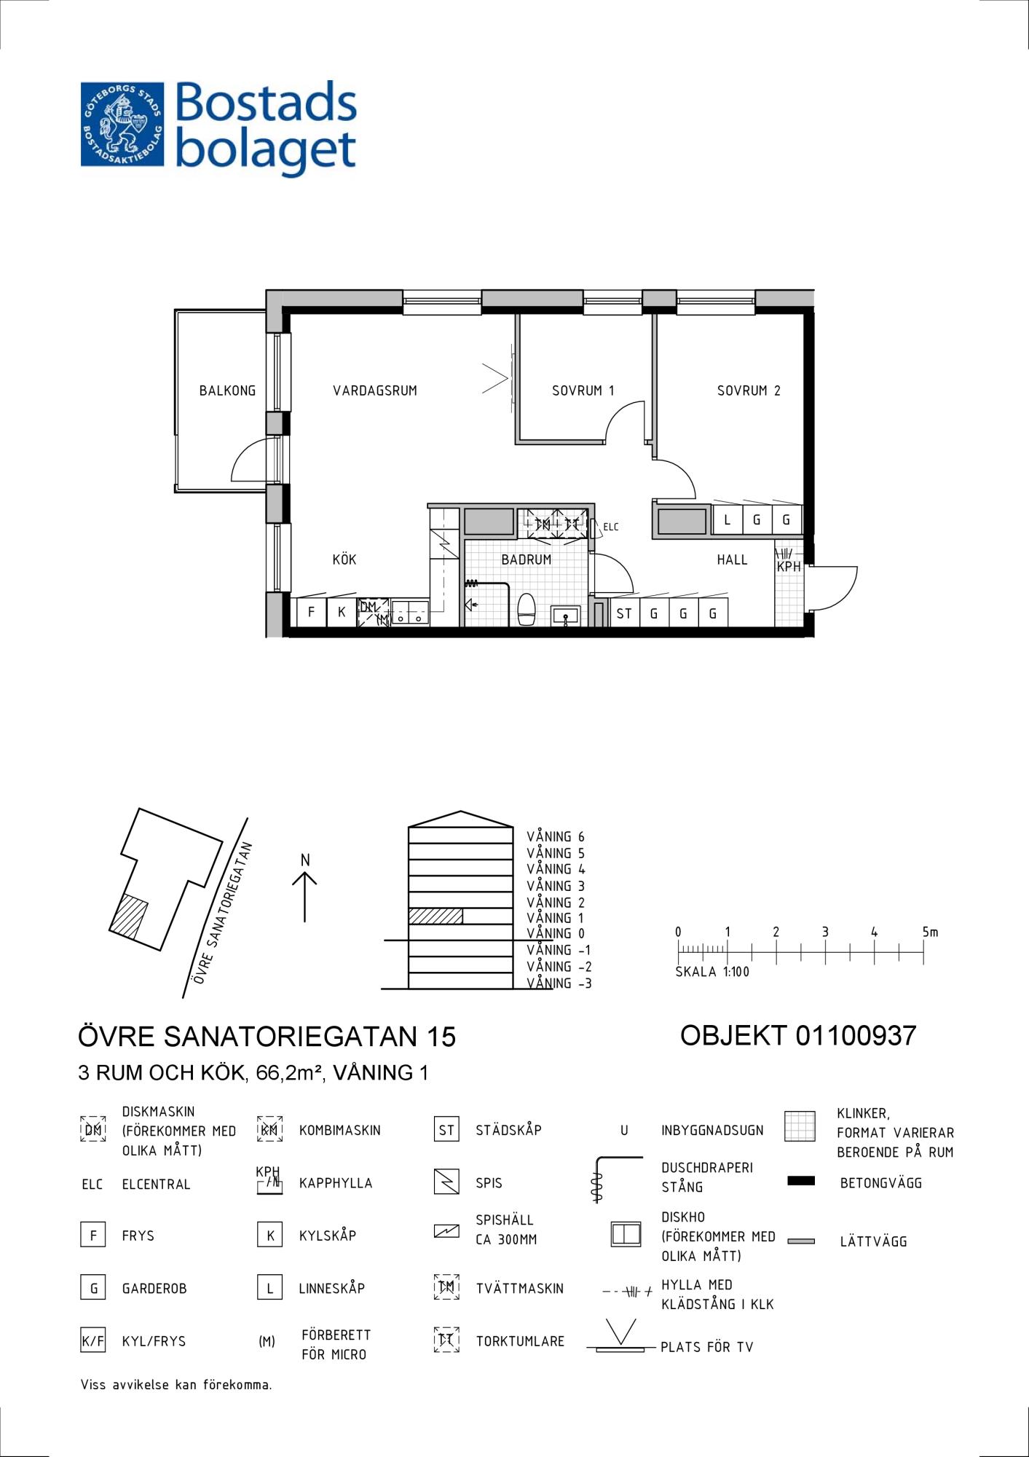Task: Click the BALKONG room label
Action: (x=227, y=390)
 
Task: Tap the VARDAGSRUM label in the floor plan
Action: (x=375, y=390)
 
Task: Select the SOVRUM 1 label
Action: (x=583, y=390)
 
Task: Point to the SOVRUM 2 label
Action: (x=749, y=390)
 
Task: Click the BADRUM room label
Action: (x=526, y=559)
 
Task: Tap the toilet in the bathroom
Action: (x=526, y=610)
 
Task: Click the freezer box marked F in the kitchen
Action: (x=311, y=612)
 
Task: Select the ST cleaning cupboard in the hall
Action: (x=624, y=613)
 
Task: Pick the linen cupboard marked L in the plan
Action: (x=727, y=520)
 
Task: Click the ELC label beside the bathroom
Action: (x=610, y=527)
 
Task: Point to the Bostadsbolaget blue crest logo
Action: (x=122, y=124)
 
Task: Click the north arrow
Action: (x=304, y=897)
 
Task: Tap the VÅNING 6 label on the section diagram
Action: (x=556, y=837)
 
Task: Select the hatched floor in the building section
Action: (x=435, y=916)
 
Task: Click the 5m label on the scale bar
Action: (x=930, y=932)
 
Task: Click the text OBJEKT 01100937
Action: (x=798, y=1035)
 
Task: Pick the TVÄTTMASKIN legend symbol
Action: (x=446, y=1287)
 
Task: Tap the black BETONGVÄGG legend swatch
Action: (x=801, y=1181)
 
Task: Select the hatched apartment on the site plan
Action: (x=129, y=916)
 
